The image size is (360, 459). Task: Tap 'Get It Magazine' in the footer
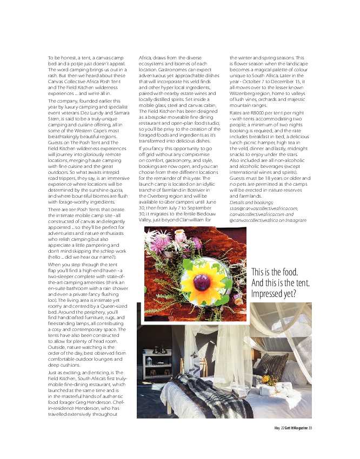(294, 428)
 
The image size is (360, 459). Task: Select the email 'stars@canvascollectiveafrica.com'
(264, 208)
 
